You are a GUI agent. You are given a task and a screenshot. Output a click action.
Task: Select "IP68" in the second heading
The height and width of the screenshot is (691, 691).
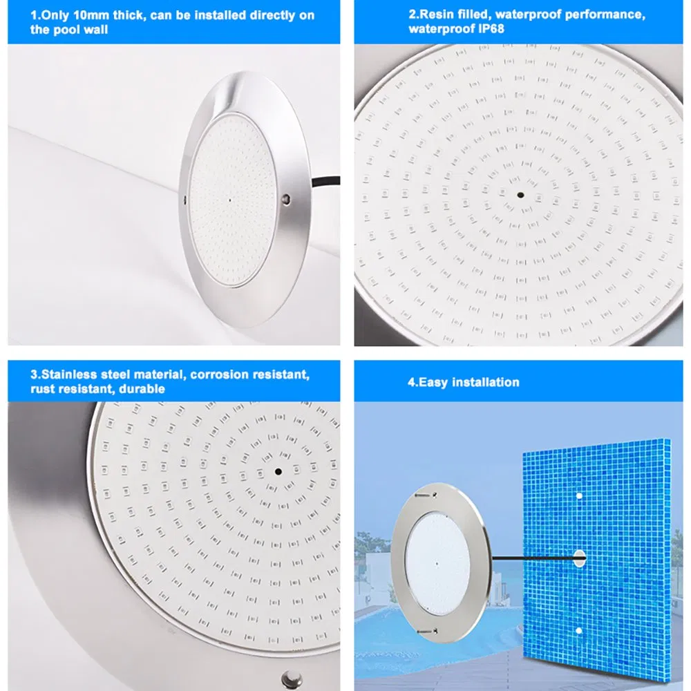491,29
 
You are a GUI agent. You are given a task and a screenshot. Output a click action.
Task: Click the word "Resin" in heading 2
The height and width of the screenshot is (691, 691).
435,15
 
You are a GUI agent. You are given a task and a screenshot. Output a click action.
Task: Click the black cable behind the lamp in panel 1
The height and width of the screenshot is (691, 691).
326,181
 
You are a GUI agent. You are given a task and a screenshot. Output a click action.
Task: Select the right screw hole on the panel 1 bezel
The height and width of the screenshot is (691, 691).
287,199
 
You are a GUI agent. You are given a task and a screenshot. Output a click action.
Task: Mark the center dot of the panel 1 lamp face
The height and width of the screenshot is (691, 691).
229,200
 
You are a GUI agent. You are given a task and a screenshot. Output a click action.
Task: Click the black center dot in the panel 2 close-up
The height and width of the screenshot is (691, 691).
520,195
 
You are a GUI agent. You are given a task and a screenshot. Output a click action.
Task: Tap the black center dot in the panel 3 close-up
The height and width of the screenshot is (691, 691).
278,471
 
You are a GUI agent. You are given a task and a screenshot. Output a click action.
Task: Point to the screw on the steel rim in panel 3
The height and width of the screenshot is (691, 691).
292,678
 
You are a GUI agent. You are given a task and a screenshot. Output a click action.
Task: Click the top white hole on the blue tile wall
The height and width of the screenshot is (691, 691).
579,496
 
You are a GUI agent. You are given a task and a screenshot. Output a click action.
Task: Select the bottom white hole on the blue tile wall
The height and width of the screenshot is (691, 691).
579,631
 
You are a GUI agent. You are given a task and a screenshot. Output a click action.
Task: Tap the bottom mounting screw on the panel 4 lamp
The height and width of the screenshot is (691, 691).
426,632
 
